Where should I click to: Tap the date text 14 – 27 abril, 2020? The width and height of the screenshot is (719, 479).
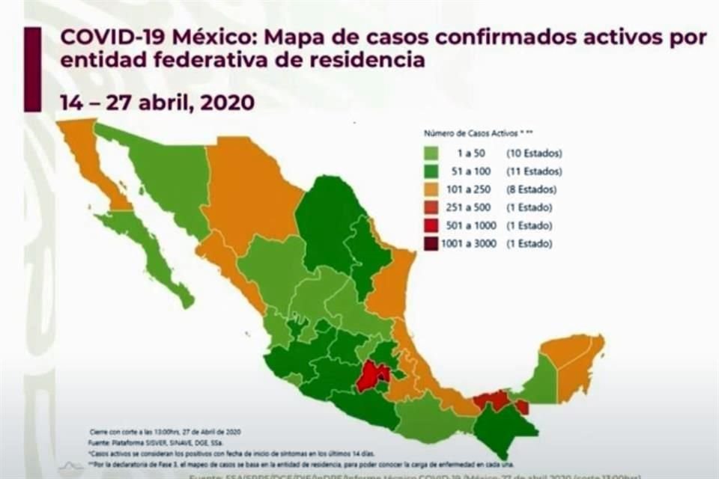coord(158,103)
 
